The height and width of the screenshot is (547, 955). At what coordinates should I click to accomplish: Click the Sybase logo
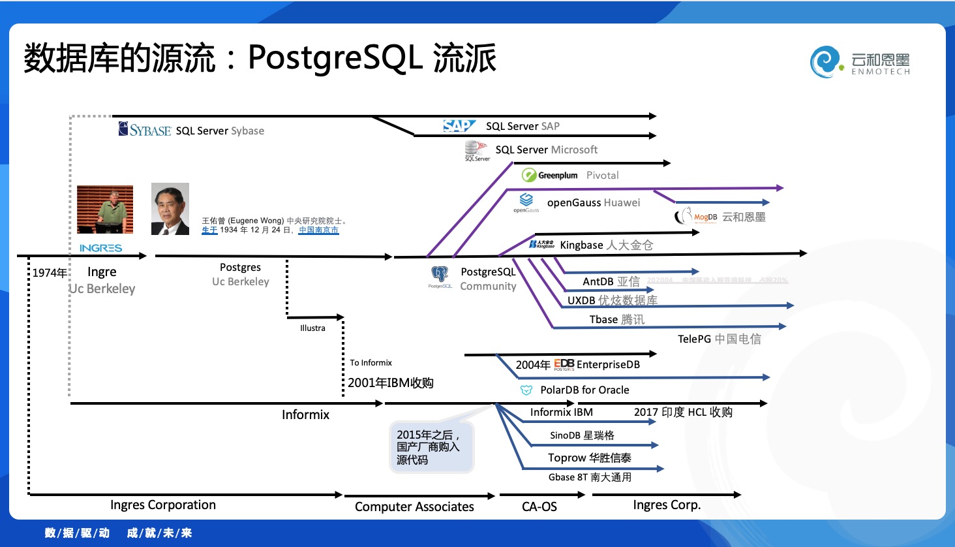pos(145,129)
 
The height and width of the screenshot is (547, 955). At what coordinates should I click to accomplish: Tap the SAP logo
pos(459,125)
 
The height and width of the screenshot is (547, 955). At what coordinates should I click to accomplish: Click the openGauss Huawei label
pos(593,202)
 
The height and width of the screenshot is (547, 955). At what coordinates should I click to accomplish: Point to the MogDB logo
pos(696,216)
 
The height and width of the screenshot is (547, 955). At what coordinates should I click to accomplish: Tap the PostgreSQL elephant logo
pos(440,275)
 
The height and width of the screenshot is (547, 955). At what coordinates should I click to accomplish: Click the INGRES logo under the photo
pos(100,248)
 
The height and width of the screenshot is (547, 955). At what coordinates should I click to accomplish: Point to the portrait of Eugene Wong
pos(170,209)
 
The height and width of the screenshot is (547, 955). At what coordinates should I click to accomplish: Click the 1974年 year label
pos(50,272)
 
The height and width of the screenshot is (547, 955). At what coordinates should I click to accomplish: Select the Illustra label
pos(312,328)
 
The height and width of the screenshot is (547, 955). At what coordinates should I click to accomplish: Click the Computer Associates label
pos(414,507)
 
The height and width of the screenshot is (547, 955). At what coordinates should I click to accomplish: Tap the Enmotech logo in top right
pos(860,63)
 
